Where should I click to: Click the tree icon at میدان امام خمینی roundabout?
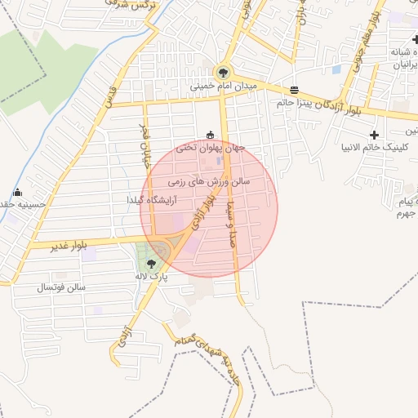point(224,72)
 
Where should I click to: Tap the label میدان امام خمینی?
point(224,86)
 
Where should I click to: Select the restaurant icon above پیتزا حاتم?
point(294,90)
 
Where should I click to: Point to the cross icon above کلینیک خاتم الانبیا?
point(374,134)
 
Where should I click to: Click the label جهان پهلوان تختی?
point(211,148)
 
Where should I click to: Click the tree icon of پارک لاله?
point(151,263)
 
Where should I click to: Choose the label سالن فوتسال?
point(60,288)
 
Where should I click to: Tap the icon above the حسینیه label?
point(17,193)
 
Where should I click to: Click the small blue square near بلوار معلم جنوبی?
point(336,69)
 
